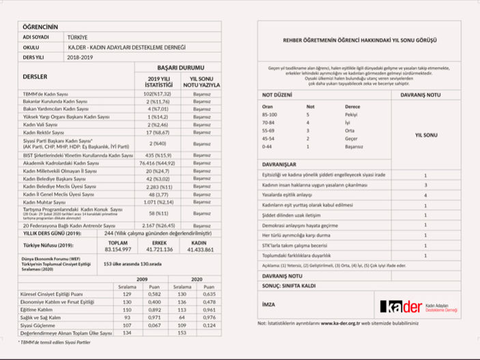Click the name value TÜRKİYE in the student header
tap(77, 36)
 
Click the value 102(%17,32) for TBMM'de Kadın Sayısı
tap(156, 93)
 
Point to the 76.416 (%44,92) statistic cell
tap(157, 164)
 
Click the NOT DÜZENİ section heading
tap(278, 94)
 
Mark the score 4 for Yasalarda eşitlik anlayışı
tap(425, 195)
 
